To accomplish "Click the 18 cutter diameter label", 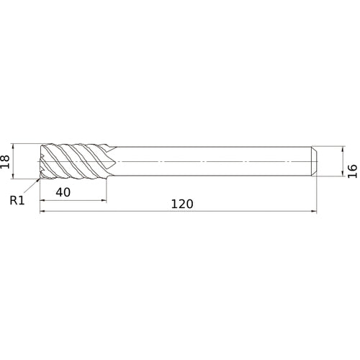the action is [5, 161].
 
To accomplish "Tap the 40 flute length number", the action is [63, 192].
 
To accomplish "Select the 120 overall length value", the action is [182, 204].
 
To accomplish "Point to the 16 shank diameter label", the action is [353, 171].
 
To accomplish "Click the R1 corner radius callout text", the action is [17, 200].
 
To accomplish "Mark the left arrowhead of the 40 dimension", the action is [42, 200].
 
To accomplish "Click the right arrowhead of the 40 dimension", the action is [104, 200].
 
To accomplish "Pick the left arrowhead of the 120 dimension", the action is [42, 211].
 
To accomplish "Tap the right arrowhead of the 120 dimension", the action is [314, 211].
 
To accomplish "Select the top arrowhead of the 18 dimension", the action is [13, 146].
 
